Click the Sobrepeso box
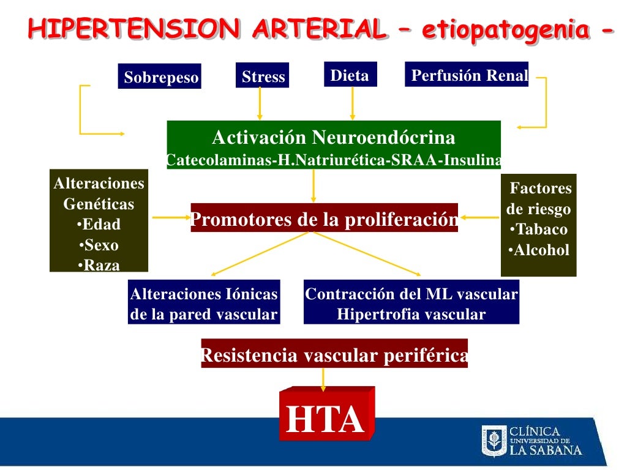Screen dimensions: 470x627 click(x=160, y=78)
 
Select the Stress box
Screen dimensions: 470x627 click(x=263, y=76)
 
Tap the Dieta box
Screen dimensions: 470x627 click(x=350, y=75)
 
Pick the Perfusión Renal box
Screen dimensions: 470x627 click(x=467, y=75)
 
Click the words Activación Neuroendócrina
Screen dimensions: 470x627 click(x=334, y=136)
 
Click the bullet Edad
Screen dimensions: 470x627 click(x=99, y=225)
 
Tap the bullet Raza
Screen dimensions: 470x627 click(x=99, y=265)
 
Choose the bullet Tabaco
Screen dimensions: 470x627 click(x=538, y=229)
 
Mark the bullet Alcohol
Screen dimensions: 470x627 click(x=539, y=250)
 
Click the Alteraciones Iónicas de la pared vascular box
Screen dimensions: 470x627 click(x=204, y=304)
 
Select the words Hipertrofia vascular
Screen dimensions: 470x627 click(x=411, y=315)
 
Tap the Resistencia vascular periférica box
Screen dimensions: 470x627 click(x=334, y=355)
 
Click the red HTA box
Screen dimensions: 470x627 click(x=325, y=419)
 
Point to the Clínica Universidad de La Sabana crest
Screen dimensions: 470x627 click(x=494, y=441)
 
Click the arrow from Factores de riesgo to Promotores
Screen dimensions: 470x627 click(x=480, y=217)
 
